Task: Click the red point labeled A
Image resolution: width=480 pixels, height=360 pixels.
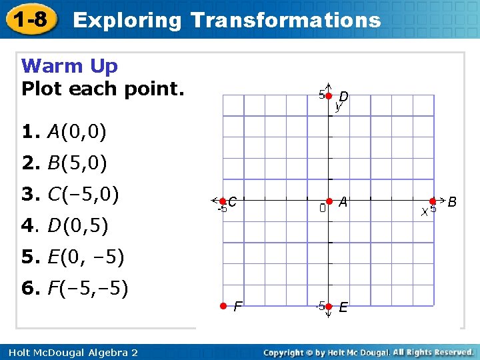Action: (329, 201)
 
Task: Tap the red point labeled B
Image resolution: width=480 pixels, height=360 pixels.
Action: (433, 201)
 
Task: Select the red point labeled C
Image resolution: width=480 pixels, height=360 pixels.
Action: (223, 201)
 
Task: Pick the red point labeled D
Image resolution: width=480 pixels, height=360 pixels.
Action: (329, 96)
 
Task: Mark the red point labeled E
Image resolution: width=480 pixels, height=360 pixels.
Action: (329, 306)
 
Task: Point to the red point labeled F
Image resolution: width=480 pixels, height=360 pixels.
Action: (223, 306)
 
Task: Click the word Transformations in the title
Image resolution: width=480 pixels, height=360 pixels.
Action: (285, 20)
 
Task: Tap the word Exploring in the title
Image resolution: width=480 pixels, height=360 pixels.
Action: (127, 20)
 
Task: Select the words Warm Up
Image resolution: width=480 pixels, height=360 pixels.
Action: (69, 66)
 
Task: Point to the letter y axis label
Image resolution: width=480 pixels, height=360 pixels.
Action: (339, 107)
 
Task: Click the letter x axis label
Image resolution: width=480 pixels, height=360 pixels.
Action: (424, 211)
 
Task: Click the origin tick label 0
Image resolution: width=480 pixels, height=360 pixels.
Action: (322, 209)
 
